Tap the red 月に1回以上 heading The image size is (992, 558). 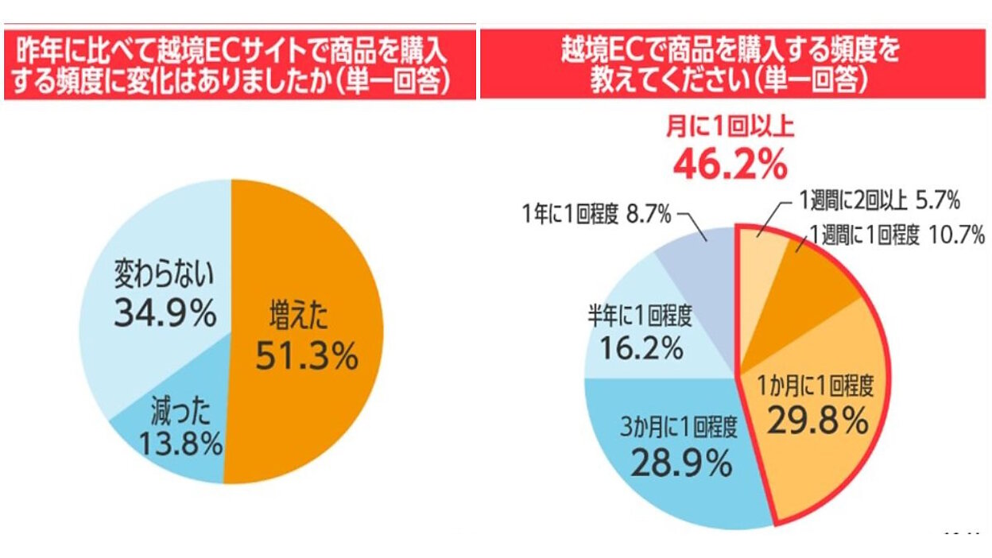coord(730,128)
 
